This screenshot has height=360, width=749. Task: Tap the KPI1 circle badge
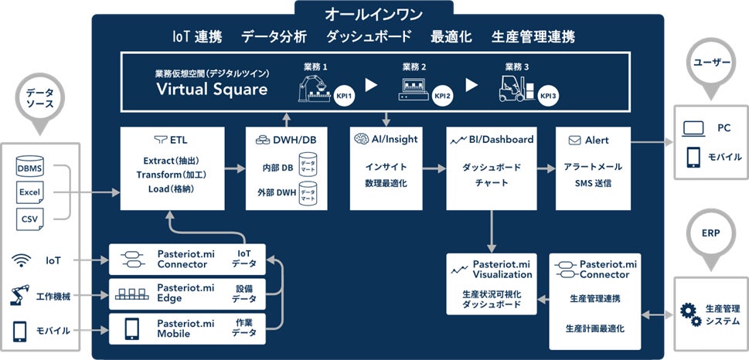pos(345,96)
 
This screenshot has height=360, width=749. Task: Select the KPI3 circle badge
pos(547,96)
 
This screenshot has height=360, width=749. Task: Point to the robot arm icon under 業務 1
pos(312,91)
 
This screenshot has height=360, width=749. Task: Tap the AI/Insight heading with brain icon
pos(386,141)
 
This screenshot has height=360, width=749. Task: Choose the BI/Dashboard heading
pos(492,141)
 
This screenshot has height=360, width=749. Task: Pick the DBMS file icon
pos(30,166)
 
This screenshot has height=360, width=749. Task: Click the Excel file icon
pos(30,192)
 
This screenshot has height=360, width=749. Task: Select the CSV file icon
pos(30,219)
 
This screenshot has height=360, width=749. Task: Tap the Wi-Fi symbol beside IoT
pos(21,261)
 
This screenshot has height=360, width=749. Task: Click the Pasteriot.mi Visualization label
pos(501,269)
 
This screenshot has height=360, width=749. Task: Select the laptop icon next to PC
pos(693,129)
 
